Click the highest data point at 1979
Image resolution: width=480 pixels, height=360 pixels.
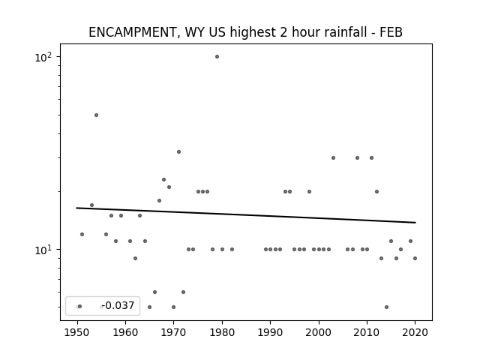tap(217, 57)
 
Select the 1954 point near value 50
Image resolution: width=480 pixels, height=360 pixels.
tap(97, 115)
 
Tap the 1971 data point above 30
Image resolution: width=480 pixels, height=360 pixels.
tap(178, 151)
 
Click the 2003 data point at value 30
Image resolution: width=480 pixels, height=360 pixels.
tap(333, 158)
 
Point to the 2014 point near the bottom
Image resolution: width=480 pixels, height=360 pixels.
tap(387, 307)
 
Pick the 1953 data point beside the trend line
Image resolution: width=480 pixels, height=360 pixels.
tap(91, 205)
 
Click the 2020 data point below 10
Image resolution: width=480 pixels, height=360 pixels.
tap(415, 258)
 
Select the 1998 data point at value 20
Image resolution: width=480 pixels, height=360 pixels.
tap(309, 192)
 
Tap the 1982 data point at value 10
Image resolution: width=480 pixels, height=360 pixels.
tap(232, 250)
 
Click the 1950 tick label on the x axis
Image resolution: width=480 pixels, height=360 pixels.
tap(77, 332)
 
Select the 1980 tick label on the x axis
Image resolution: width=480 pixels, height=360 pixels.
tap(222, 332)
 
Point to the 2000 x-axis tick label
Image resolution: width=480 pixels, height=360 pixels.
tap(319, 332)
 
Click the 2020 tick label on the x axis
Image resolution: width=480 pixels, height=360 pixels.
tap(415, 332)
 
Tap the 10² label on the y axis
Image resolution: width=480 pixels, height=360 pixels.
tap(43, 57)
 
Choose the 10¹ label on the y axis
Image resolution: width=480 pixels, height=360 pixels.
tap(43, 250)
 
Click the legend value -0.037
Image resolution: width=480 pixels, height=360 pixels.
tap(118, 305)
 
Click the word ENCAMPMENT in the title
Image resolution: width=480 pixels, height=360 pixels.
tap(132, 32)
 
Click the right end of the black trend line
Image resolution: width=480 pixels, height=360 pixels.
tap(415, 223)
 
